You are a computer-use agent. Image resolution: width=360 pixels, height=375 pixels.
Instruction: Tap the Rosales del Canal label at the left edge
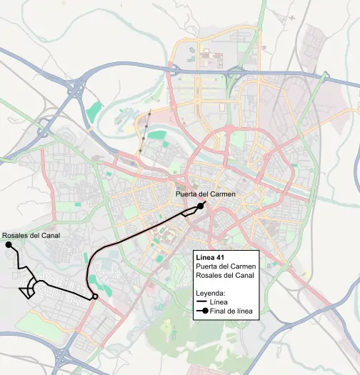pyautogui.click(x=30, y=235)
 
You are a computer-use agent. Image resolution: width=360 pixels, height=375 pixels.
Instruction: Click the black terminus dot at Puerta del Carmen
pyautogui.click(x=202, y=205)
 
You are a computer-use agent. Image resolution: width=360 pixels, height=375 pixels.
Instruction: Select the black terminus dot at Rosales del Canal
pyautogui.click(x=9, y=245)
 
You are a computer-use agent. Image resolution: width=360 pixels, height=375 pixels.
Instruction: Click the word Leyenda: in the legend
pyautogui.click(x=211, y=293)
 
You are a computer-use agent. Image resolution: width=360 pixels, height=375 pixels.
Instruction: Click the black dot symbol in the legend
pyautogui.click(x=204, y=311)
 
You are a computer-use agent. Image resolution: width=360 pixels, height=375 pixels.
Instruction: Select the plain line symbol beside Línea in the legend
pyautogui.click(x=201, y=302)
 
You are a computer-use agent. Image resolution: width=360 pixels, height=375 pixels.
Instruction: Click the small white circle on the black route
pyautogui.click(x=94, y=296)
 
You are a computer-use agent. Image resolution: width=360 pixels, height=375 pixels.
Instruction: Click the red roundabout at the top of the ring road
pyautogui.click(x=229, y=128)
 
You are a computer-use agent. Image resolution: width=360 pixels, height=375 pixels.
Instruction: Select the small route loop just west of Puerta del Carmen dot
pyautogui.click(x=190, y=211)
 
